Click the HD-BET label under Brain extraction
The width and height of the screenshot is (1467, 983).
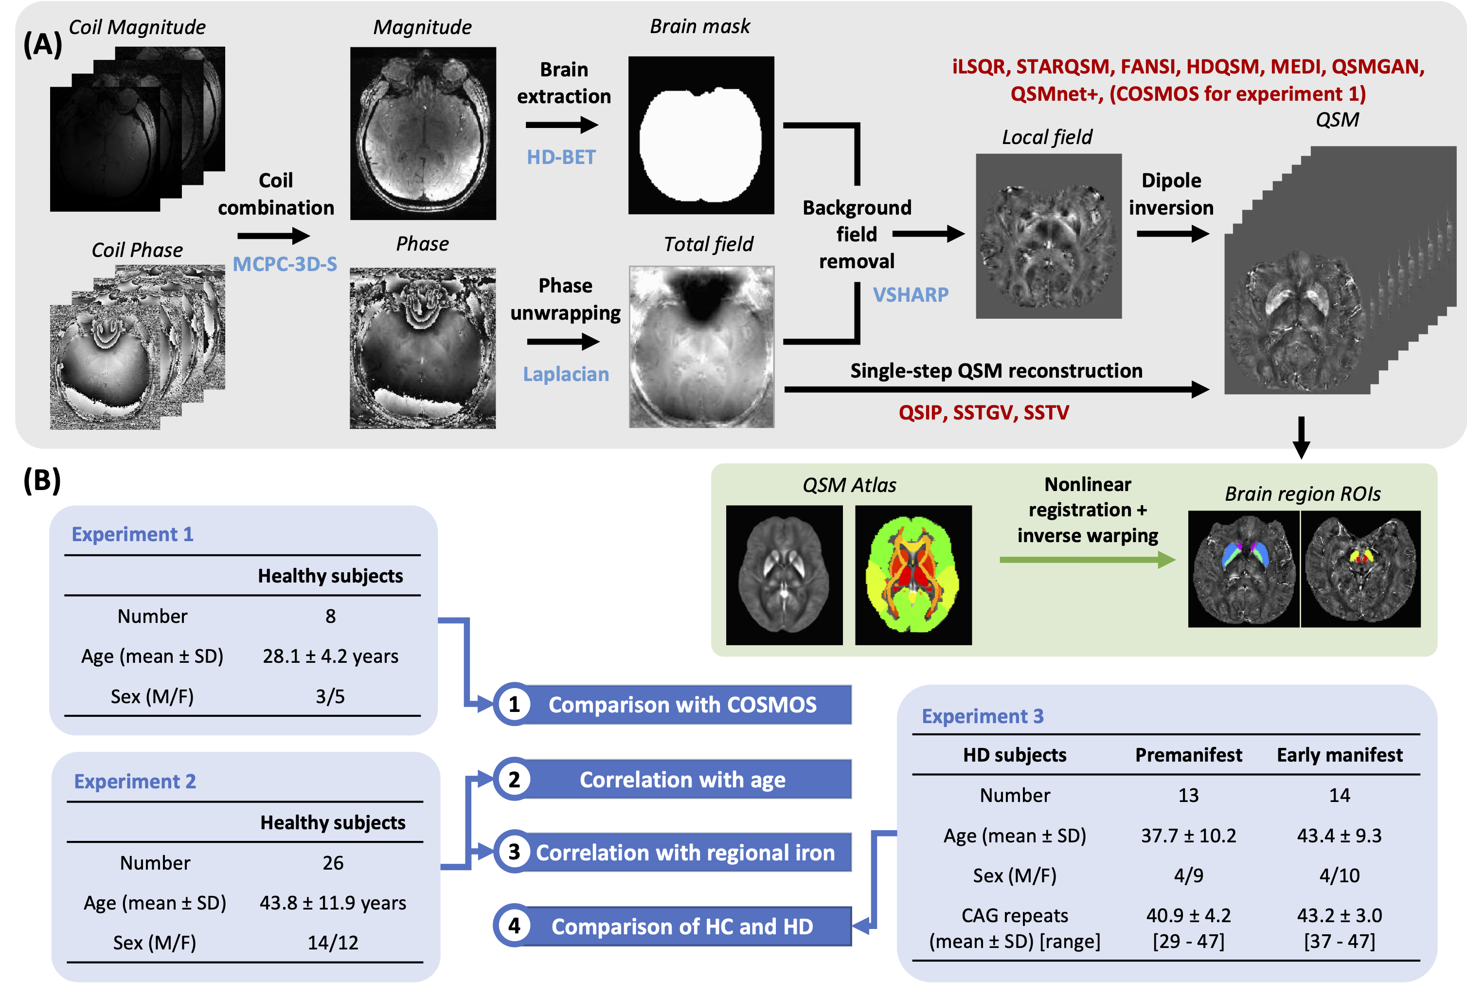point(561,157)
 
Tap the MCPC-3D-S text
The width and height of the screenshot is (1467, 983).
point(285,264)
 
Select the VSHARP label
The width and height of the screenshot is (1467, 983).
point(911,294)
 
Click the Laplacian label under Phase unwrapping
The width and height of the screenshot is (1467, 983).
point(566,374)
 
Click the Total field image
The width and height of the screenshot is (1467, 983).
point(701,346)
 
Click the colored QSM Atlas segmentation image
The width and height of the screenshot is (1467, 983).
point(912,575)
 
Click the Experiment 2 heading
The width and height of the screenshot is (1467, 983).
point(135,781)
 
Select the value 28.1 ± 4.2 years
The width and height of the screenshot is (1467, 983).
point(330,656)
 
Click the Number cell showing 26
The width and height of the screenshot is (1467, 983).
point(333,863)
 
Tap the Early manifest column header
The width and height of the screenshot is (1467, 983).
point(1339,755)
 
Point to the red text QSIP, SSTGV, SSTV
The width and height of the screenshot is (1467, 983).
point(983,413)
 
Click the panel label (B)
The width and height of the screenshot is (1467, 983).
point(42,481)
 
